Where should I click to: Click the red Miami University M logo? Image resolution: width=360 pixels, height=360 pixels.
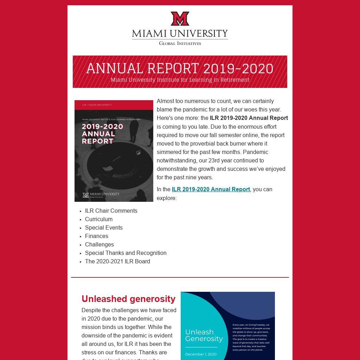click(180, 19)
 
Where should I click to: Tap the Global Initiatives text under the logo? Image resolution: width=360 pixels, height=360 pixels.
click(180, 43)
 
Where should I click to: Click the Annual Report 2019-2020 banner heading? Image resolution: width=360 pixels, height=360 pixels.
click(180, 68)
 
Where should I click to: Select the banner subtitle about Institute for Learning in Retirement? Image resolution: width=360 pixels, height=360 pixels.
click(180, 80)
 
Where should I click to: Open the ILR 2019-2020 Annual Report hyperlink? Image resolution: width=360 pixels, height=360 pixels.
click(211, 189)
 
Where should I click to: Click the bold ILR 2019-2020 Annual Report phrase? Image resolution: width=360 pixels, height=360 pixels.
click(249, 118)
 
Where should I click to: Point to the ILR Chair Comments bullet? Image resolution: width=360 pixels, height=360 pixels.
click(111, 211)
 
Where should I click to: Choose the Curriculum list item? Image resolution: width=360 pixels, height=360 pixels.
click(99, 219)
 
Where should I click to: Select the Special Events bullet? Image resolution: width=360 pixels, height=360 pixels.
click(104, 227)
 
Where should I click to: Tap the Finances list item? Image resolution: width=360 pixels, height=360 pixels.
click(97, 236)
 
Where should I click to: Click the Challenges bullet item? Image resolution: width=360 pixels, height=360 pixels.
click(99, 244)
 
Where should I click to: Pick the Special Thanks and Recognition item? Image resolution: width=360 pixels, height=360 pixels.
click(126, 253)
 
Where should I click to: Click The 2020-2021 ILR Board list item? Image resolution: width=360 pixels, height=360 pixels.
click(117, 261)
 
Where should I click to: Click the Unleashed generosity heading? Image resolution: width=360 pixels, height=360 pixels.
click(128, 299)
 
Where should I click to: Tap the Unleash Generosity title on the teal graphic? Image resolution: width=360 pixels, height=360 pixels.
click(204, 335)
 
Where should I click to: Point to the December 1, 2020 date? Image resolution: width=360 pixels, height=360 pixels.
click(201, 354)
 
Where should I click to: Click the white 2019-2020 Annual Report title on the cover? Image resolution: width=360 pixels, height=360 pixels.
click(102, 134)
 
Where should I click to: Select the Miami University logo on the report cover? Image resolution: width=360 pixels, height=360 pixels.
click(101, 195)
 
